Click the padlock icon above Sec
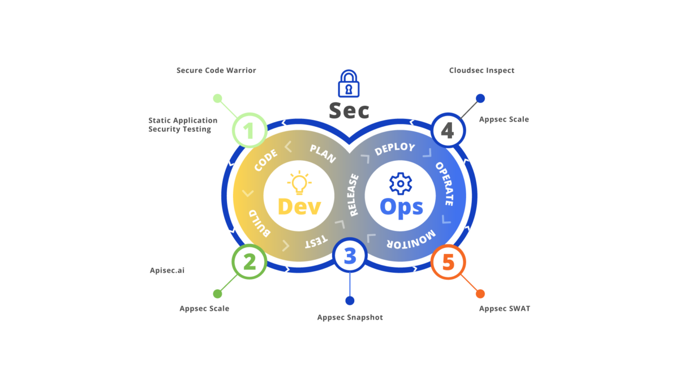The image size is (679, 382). (x=349, y=84)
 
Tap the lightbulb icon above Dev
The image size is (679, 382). (x=299, y=183)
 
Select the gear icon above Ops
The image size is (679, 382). (x=401, y=183)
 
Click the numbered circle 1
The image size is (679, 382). (x=250, y=131)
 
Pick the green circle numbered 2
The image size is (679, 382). (x=249, y=262)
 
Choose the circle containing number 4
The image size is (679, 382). (x=448, y=131)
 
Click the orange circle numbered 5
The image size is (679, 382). (x=448, y=262)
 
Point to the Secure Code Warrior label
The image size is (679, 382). (x=216, y=71)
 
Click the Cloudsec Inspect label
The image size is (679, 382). (x=482, y=71)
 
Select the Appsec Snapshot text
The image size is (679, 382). (x=350, y=317)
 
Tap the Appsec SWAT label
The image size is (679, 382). (x=505, y=308)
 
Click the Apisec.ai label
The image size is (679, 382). (x=167, y=271)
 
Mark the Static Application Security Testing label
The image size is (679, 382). (x=183, y=125)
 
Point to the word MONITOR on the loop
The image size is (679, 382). (x=411, y=239)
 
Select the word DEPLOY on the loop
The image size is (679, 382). (x=394, y=149)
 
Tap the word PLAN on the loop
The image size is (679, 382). (x=323, y=153)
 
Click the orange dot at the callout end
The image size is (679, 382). (x=480, y=294)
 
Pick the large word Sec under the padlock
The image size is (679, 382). (x=349, y=110)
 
